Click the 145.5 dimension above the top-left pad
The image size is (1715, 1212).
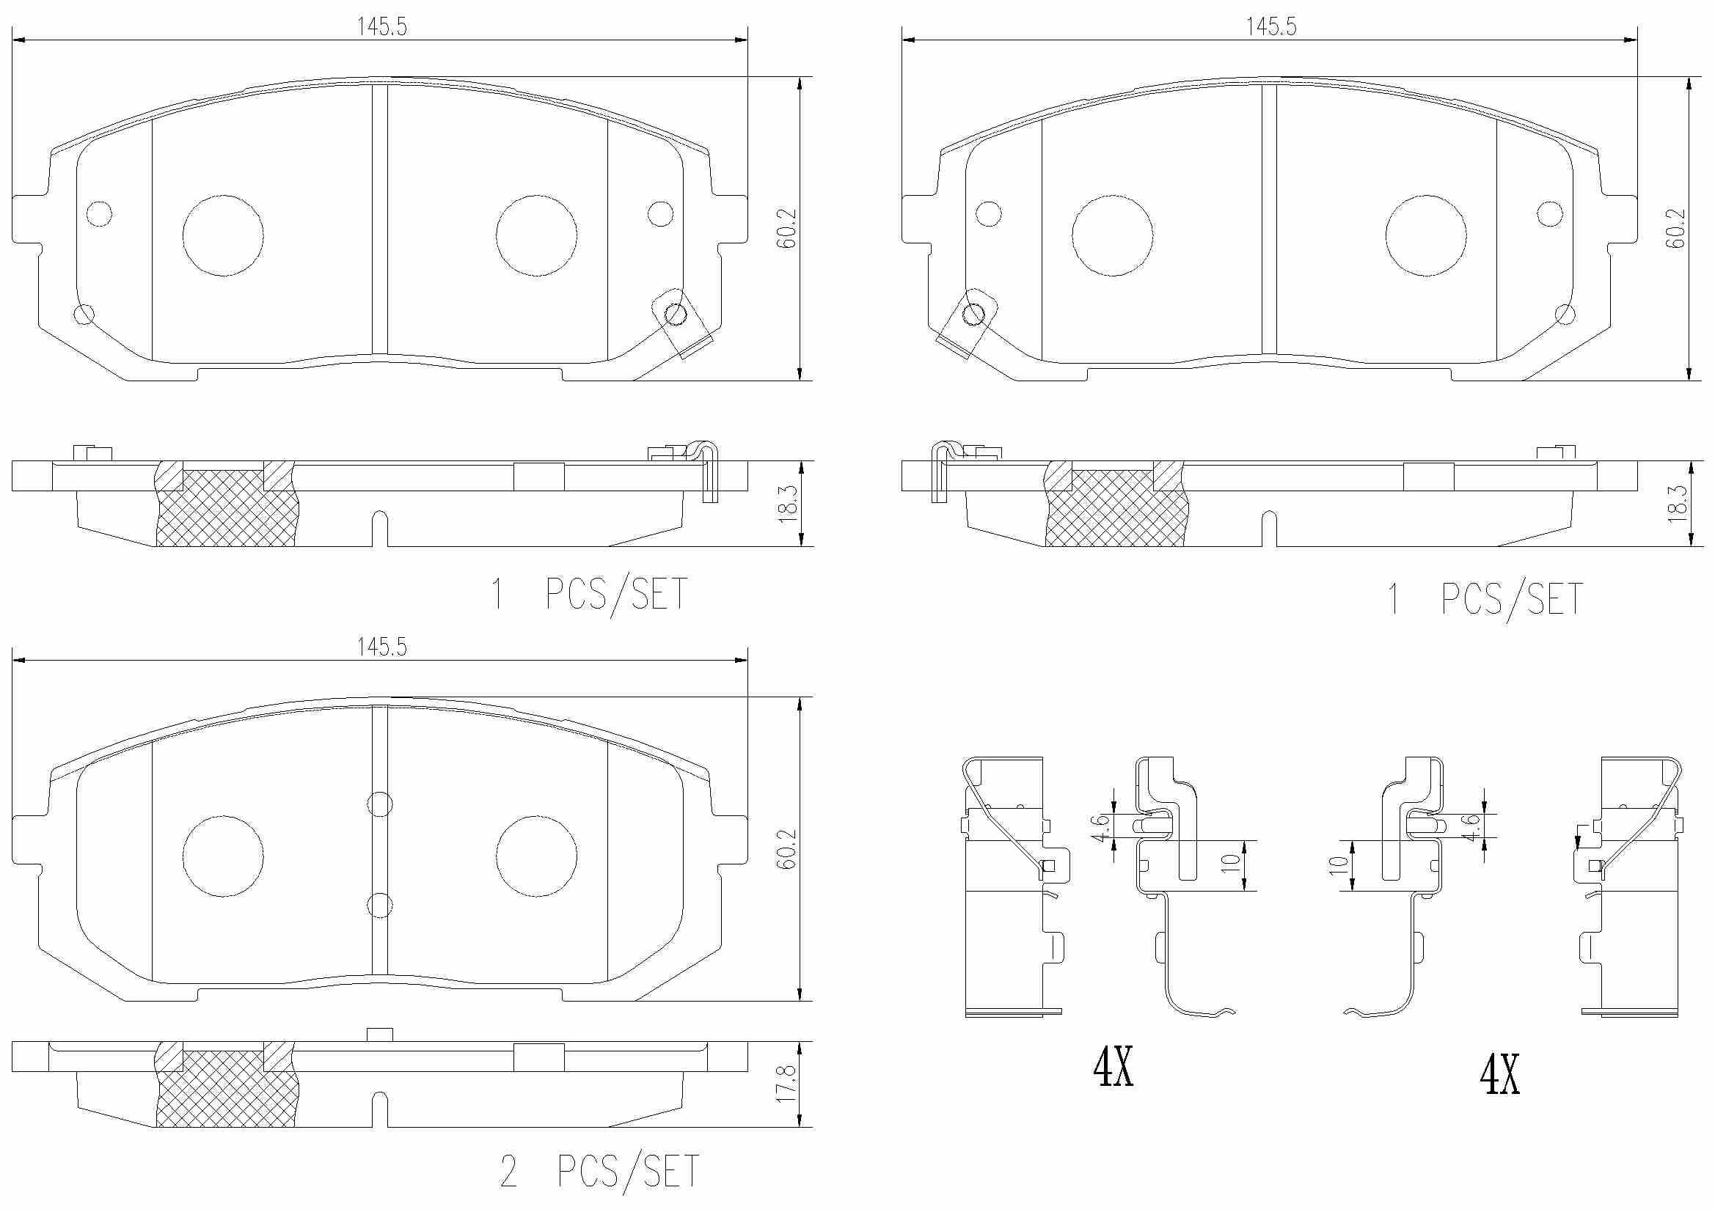(x=381, y=27)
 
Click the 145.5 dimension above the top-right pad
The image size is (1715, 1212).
(x=1270, y=27)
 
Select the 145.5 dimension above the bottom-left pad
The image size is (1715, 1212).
(x=381, y=647)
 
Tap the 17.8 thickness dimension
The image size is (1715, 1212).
(x=786, y=1084)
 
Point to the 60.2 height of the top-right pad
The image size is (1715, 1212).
(x=1676, y=228)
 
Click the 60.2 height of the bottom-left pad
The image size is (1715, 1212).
(x=786, y=848)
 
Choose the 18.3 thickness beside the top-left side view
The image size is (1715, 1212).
(x=788, y=503)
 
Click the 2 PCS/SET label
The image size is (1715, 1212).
(x=600, y=1171)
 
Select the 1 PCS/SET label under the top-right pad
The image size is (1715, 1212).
(x=1484, y=599)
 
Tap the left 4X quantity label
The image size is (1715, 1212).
(x=1113, y=1067)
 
